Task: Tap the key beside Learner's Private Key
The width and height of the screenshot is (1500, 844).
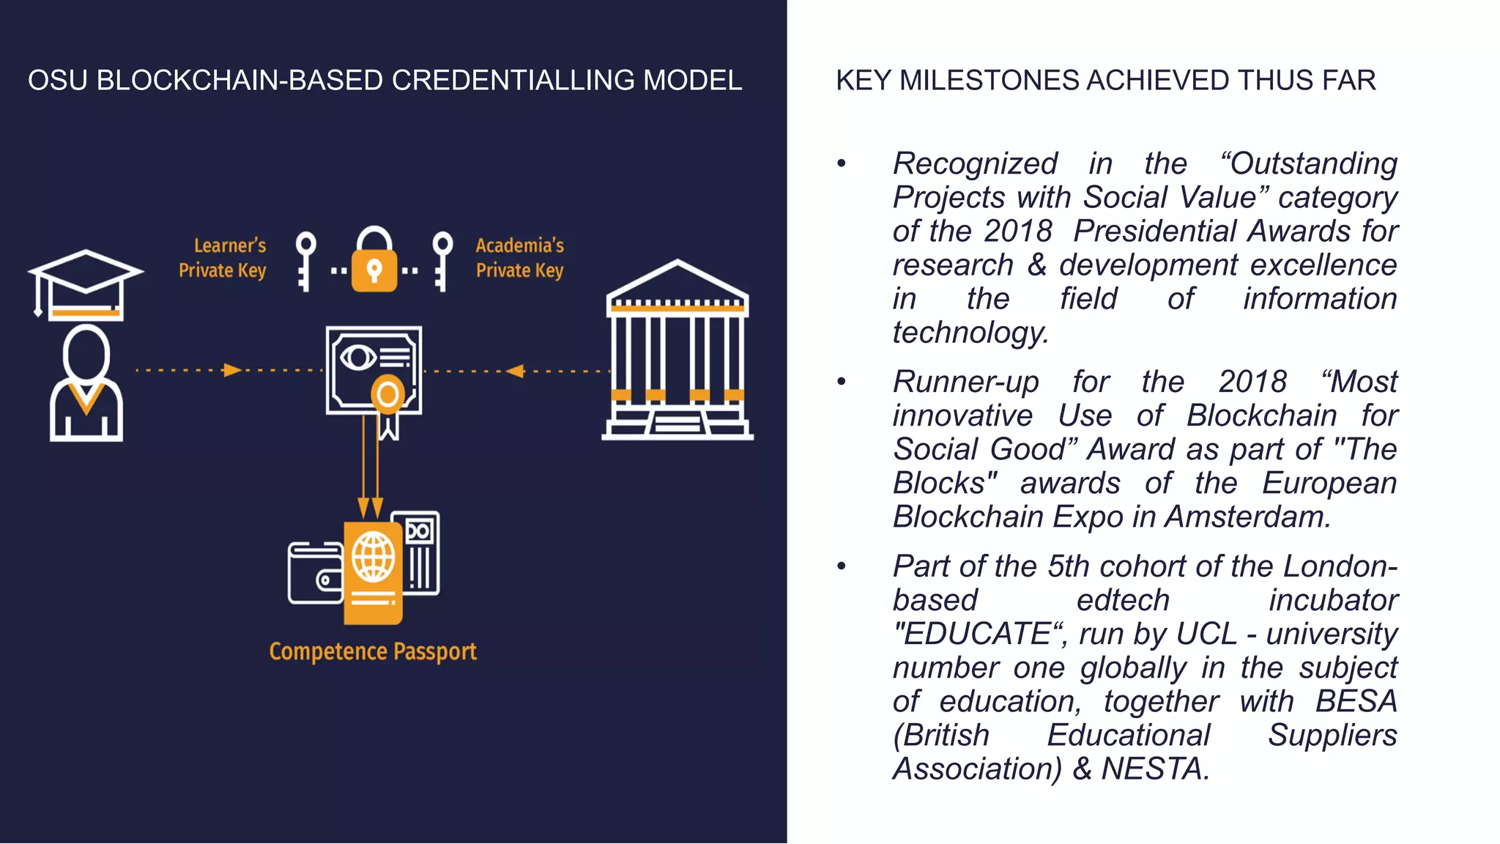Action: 305,261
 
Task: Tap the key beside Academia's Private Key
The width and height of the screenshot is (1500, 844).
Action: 442,261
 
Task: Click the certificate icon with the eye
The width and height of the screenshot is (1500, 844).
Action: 374,371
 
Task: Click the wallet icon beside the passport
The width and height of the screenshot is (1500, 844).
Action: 316,573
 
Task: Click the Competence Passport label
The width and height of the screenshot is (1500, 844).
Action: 373,651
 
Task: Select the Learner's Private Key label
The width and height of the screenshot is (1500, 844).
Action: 223,258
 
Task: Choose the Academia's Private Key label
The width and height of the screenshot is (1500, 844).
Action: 520,258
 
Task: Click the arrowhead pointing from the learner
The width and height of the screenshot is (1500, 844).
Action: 232,370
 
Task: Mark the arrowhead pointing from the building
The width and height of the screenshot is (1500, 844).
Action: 516,371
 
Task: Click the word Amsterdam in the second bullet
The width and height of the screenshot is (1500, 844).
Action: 1247,517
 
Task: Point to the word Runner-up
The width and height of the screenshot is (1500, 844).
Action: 965,382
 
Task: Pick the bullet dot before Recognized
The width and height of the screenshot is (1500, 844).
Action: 842,163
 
